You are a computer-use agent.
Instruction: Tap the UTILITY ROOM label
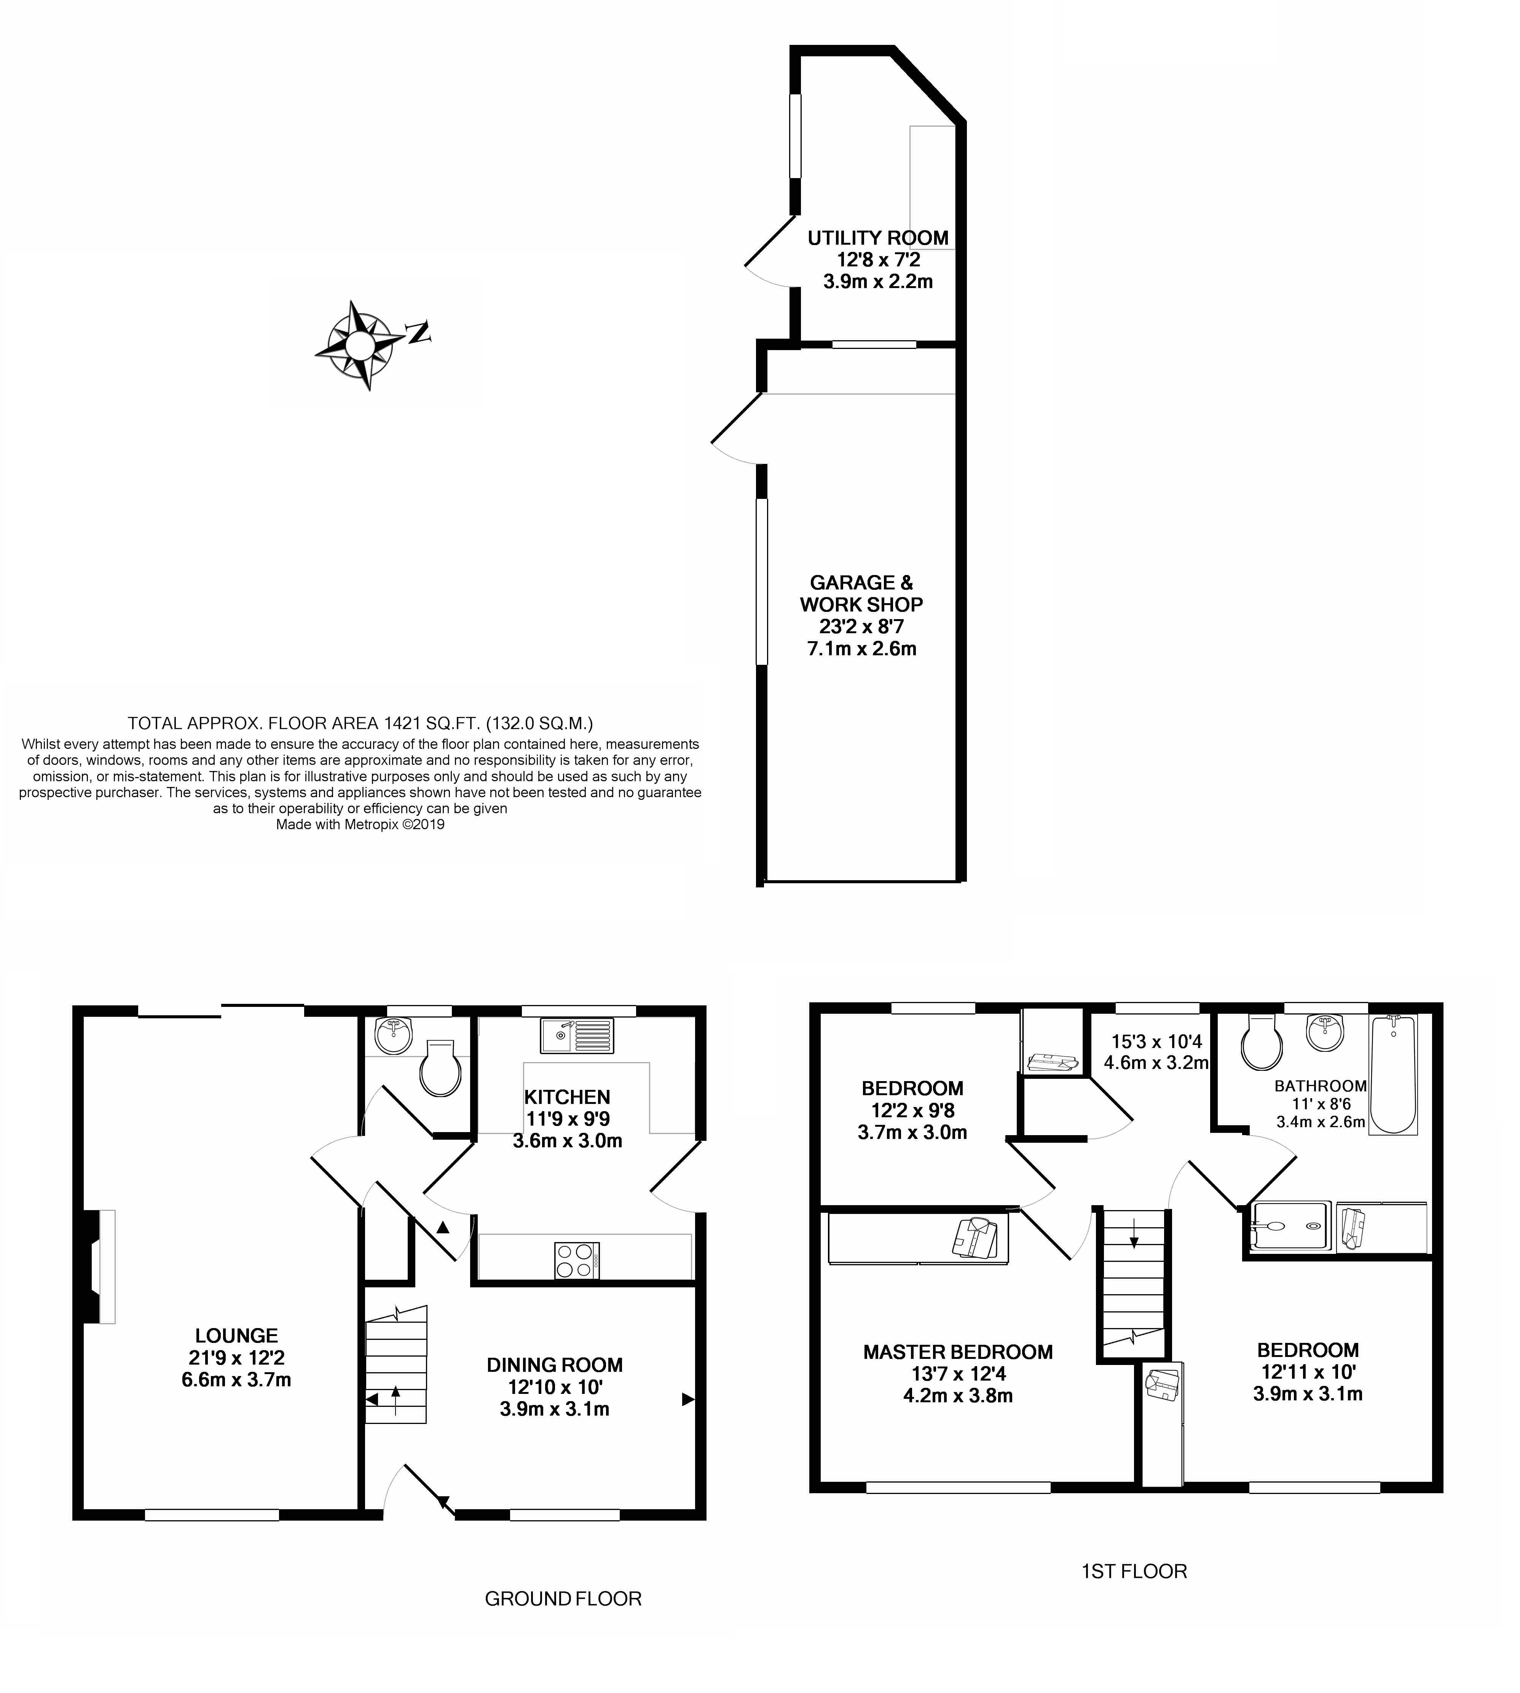pos(878,238)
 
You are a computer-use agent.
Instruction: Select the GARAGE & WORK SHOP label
pos(861,594)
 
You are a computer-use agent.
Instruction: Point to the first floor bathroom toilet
pos(1261,1043)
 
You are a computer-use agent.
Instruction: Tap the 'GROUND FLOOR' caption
pos(563,1599)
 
